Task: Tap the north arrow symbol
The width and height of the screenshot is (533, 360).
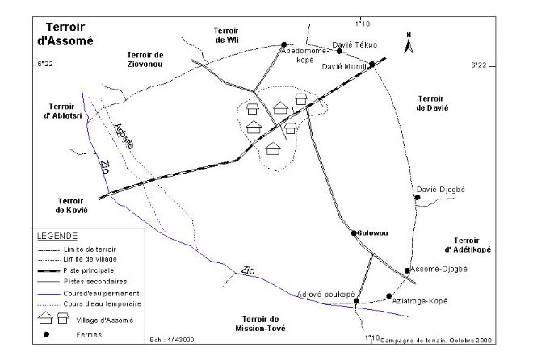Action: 409,46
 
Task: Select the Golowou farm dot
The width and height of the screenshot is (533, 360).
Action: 354,232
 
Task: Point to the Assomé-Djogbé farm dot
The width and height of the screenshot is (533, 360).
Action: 407,270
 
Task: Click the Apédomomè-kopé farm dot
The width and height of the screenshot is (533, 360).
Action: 284,44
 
